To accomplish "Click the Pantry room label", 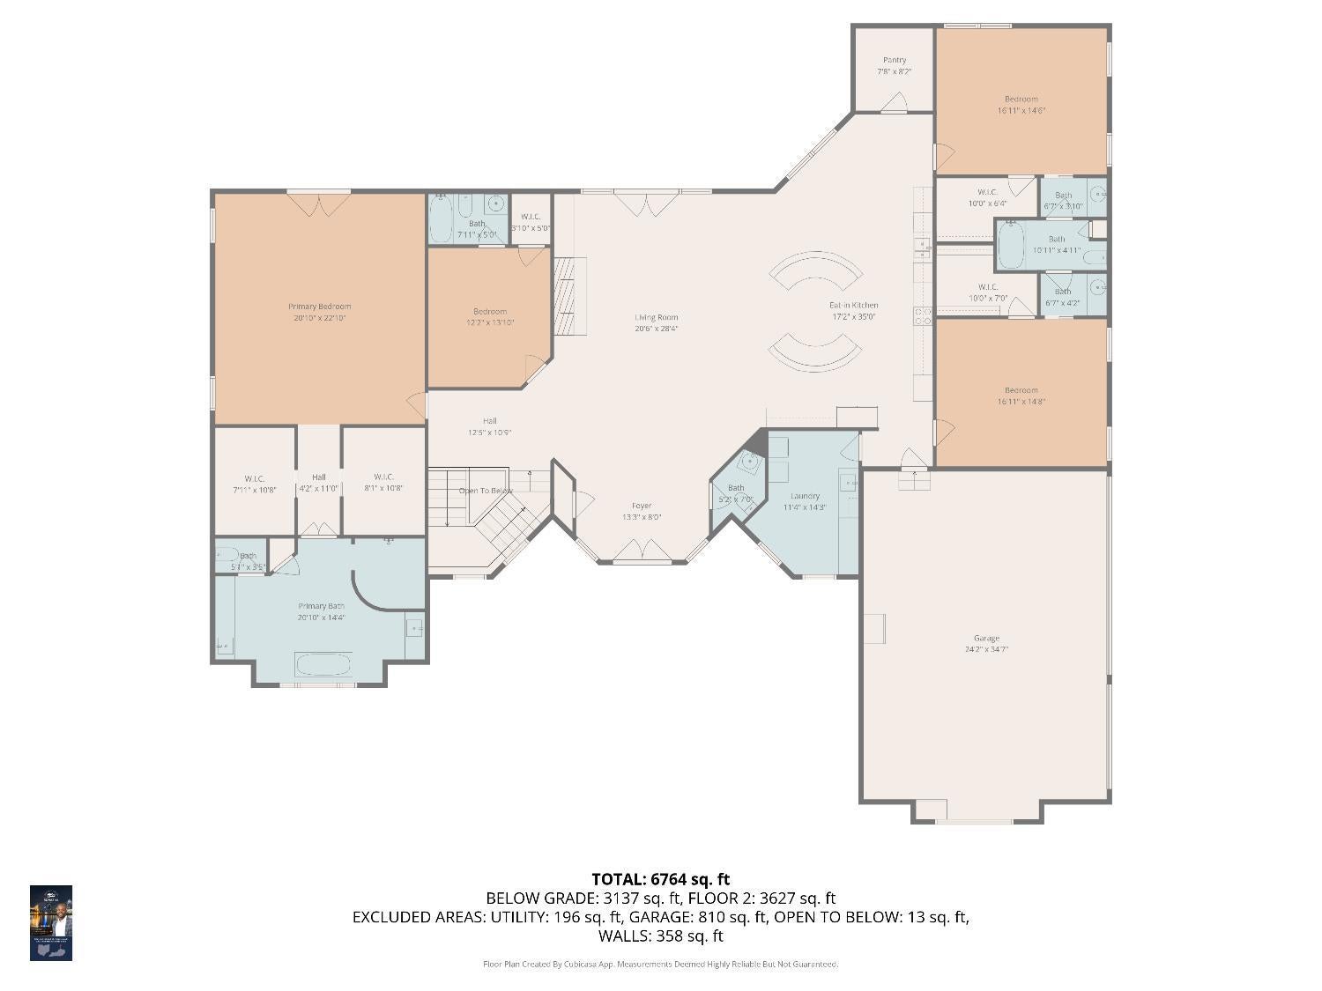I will coord(894,65).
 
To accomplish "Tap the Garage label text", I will coord(986,643).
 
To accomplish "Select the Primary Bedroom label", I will coord(319,312).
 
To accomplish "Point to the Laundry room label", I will coord(805,501).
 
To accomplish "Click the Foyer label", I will coord(642,511).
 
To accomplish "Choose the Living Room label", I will coord(656,322).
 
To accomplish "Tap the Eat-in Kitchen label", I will coord(852,310).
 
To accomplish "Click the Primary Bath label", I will coord(321,611).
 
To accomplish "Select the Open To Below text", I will coord(485,491).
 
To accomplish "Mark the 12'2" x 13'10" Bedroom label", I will coord(489,316).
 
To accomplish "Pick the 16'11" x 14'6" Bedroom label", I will coord(1021,105).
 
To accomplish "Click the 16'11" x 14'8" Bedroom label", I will coord(1021,396).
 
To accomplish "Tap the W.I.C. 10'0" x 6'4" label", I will coord(986,197).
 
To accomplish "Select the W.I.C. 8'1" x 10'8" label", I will coord(382,483).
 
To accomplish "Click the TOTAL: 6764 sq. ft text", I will coord(660,878).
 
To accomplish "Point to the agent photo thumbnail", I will coord(51,922).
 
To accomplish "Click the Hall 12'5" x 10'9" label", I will coord(489,426).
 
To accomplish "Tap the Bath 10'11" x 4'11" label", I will coord(1056,244).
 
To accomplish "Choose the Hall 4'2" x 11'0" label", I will coord(318,482).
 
